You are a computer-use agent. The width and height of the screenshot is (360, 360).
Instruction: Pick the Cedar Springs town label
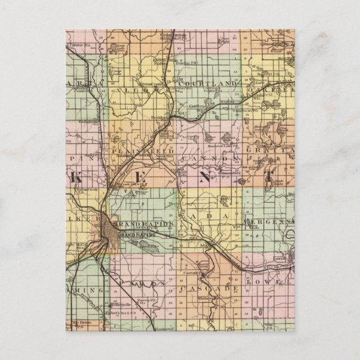click(172, 36)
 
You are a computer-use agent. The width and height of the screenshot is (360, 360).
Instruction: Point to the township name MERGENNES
click(268, 222)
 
